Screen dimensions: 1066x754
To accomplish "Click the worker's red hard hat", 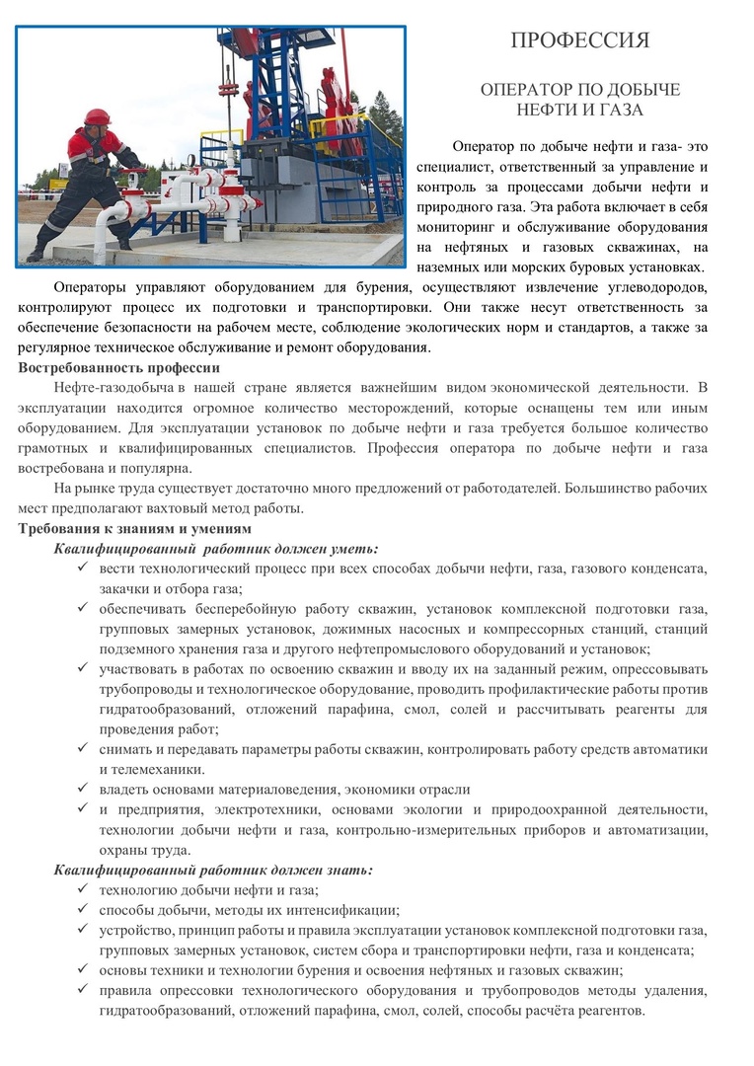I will pyautogui.click(x=97, y=117).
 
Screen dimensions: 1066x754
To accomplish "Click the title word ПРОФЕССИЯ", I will pyautogui.click(x=579, y=41).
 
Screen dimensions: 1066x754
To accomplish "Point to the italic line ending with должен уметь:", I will pyautogui.click(x=216, y=548).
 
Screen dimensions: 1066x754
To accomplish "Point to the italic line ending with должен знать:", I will pyautogui.click(x=213, y=870).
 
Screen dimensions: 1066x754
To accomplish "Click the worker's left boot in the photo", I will pyautogui.click(x=37, y=254).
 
